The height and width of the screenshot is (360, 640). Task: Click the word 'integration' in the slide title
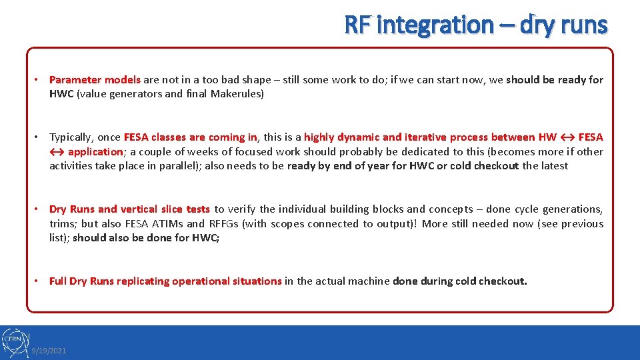(435, 25)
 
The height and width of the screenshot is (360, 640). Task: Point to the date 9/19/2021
(49, 351)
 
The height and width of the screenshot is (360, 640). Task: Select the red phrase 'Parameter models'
(95, 79)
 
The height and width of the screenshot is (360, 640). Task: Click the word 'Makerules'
(237, 94)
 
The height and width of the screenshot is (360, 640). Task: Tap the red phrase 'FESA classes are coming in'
(191, 137)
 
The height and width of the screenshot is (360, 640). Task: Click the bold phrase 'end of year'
(344, 166)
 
